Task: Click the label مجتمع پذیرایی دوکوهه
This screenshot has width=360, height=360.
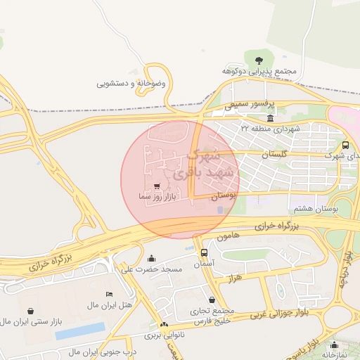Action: click(x=262, y=72)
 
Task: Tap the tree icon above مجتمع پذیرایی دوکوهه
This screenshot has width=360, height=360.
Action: click(x=259, y=58)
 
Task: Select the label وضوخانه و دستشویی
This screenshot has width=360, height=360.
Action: click(x=131, y=83)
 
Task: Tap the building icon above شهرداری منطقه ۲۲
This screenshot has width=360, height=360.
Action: click(x=271, y=117)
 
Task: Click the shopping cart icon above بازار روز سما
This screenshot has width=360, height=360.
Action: click(x=156, y=186)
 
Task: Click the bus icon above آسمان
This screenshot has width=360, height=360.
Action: click(x=204, y=252)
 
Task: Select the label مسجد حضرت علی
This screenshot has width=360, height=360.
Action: click(x=152, y=269)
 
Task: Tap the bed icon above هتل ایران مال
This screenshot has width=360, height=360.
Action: click(x=108, y=294)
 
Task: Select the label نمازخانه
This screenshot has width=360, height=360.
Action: click(x=333, y=355)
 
